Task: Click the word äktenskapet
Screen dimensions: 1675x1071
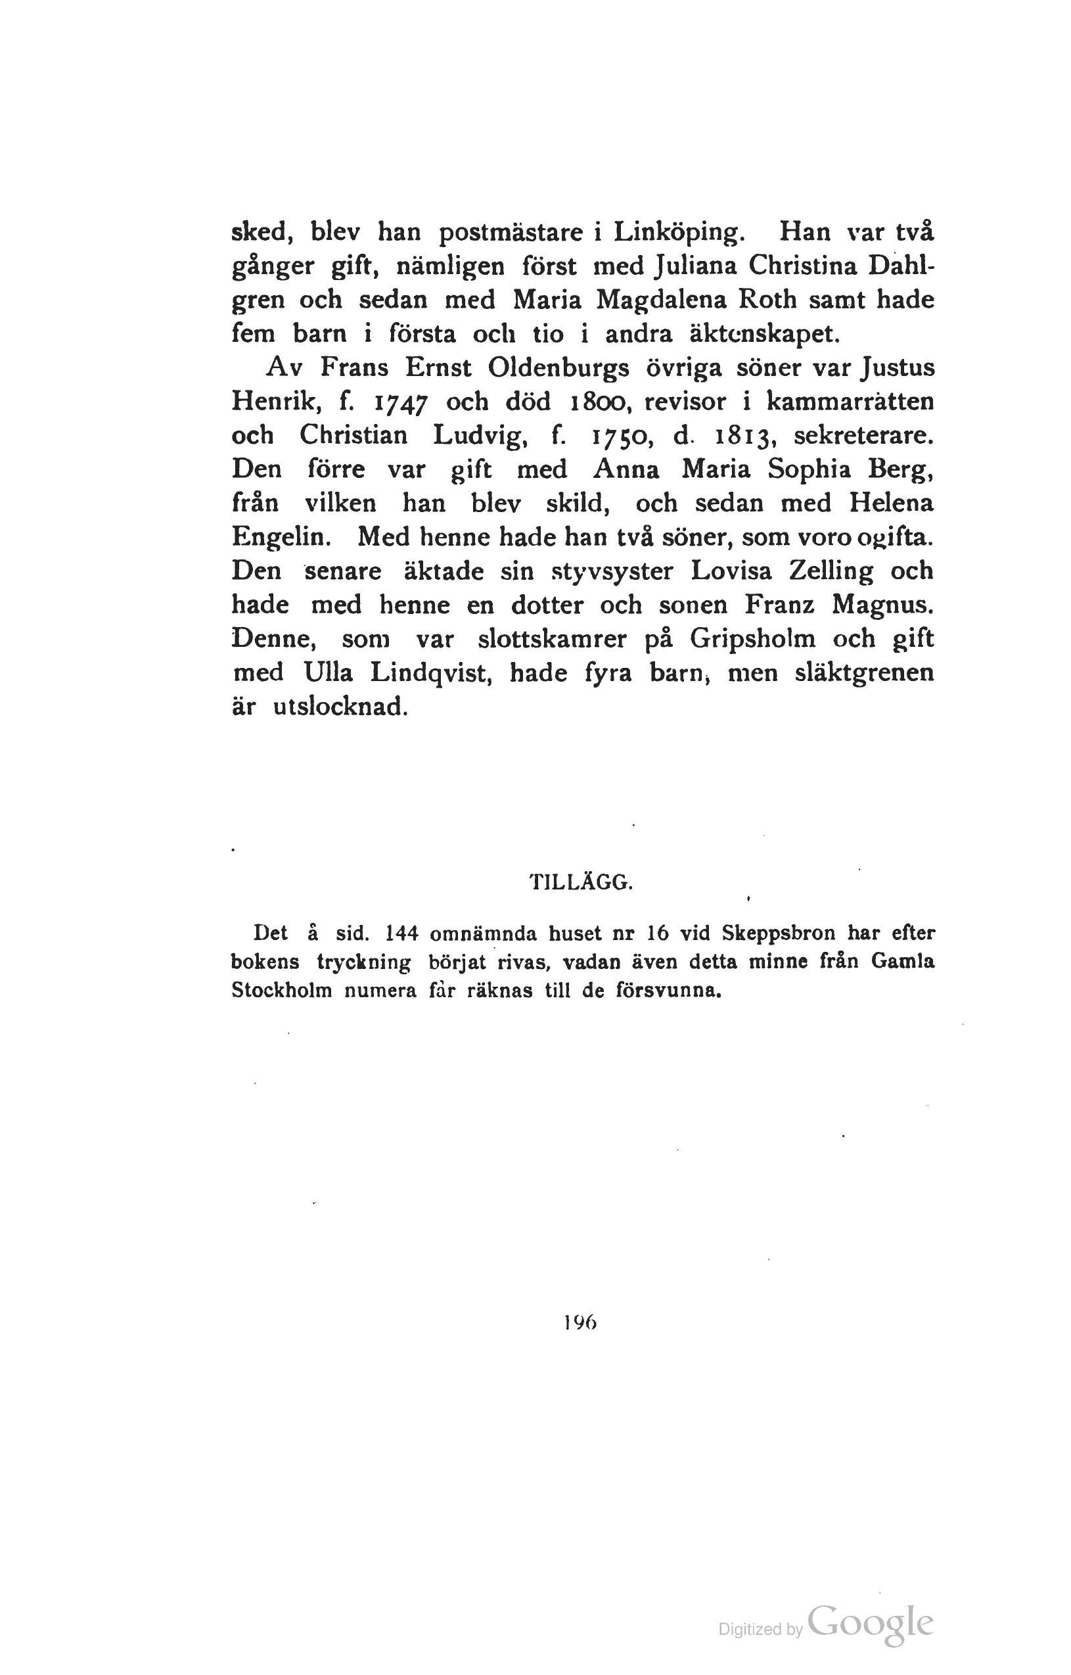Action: [763, 334]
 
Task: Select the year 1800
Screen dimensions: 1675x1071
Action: [599, 402]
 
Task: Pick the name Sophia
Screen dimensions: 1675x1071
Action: [809, 469]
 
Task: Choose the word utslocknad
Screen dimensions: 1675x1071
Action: [338, 707]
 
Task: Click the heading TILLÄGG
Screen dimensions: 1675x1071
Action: [581, 884]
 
